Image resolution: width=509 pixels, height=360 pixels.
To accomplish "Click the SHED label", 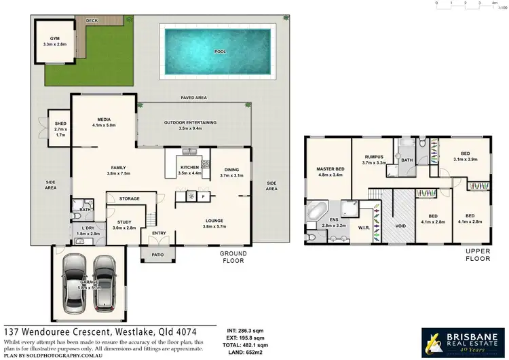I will (x=60, y=124).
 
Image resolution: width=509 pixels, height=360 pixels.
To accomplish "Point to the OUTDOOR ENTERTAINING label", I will (x=190, y=122).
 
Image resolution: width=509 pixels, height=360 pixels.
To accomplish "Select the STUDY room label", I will (x=124, y=221).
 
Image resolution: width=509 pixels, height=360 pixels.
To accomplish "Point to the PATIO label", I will (x=157, y=255).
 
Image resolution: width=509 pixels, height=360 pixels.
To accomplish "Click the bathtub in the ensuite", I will (x=316, y=213).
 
